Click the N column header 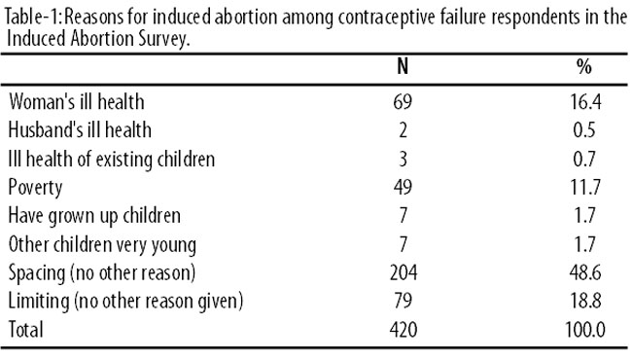pos(403,66)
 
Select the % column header pos(584,66)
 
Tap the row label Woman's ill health pos(76,101)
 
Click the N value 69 pos(403,101)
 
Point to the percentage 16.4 pos(584,101)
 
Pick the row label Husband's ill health pos(80,130)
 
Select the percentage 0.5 pos(584,130)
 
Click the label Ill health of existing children pos(112,159)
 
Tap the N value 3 pos(403,159)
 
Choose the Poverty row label pos(35,188)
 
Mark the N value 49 pos(403,187)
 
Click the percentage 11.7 pos(584,187)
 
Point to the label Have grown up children pos(94,216)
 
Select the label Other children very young pos(102,245)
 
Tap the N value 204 pos(404,273)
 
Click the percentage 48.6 pos(584,273)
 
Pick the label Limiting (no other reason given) pos(125,303)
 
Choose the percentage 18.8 pos(584,302)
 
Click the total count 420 pos(404,330)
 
